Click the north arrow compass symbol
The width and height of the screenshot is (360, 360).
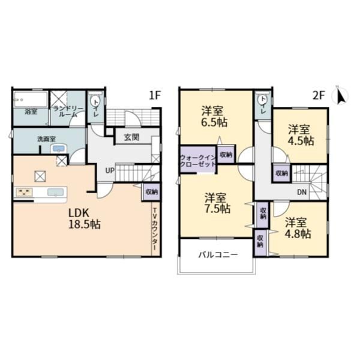click(x=341, y=95)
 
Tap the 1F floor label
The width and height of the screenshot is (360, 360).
click(x=155, y=95)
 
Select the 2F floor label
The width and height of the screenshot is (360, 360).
click(x=319, y=95)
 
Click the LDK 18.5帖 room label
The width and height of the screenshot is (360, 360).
click(x=85, y=219)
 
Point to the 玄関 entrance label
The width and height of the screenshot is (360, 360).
click(x=132, y=137)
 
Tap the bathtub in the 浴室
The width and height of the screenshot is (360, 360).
click(x=31, y=99)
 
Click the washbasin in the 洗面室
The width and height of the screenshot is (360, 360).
click(x=59, y=149)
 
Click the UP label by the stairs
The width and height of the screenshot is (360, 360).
click(x=110, y=170)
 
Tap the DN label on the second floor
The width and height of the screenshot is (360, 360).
click(x=302, y=192)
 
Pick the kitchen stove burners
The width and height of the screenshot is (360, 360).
click(x=23, y=192)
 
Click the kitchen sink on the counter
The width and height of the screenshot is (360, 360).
click(x=55, y=192)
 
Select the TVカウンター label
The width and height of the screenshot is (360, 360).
click(x=155, y=229)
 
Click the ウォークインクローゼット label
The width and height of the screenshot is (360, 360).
click(x=198, y=161)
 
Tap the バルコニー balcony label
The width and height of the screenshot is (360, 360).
click(x=218, y=254)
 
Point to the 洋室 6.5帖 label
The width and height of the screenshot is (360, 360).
click(x=215, y=116)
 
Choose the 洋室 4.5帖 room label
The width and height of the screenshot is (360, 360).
click(x=301, y=135)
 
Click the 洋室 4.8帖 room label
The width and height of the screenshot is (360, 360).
click(x=298, y=228)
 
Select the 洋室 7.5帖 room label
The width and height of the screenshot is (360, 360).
click(x=217, y=203)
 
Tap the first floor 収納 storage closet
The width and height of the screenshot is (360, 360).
click(x=152, y=192)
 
